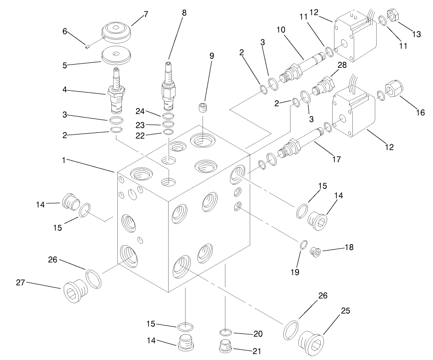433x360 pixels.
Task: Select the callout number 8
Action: coord(184,13)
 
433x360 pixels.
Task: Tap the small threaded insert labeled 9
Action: coord(203,110)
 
